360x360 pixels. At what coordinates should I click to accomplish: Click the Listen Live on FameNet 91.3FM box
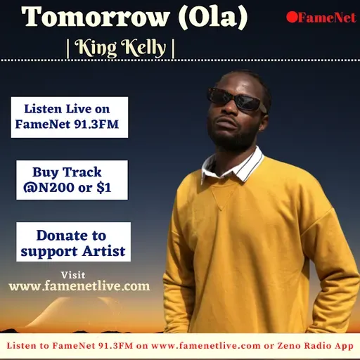[x=69, y=117]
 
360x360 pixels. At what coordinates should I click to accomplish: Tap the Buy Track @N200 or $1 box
[x=72, y=180]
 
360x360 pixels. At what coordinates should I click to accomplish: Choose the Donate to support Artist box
[x=73, y=243]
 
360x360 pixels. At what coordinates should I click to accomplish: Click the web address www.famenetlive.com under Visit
[x=79, y=286]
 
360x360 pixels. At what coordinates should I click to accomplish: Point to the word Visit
[x=73, y=274]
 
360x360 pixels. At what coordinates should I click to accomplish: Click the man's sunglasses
[x=236, y=101]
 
